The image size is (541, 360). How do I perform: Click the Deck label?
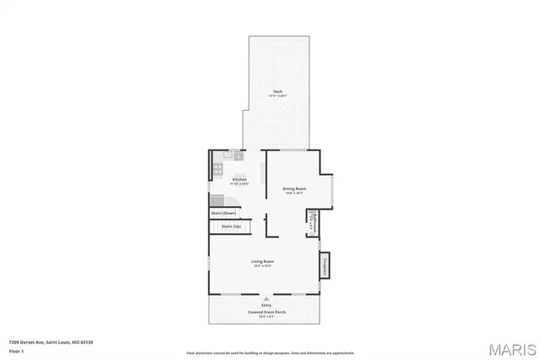point(277,91)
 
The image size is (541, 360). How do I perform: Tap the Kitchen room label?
point(239,179)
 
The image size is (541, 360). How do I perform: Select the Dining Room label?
point(294,188)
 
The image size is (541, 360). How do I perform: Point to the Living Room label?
point(263,261)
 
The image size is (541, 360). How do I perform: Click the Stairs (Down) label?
point(223,213)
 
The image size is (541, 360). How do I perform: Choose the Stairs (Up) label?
point(232,226)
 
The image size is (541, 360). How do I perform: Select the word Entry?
point(265,305)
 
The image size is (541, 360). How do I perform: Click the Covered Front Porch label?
point(265,312)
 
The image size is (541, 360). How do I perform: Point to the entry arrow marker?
point(266,297)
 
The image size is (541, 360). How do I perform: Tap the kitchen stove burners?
point(217,169)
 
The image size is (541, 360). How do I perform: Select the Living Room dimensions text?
point(263,266)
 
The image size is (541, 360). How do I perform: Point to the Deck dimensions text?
point(277,96)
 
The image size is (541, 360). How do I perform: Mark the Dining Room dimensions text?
point(294,194)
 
